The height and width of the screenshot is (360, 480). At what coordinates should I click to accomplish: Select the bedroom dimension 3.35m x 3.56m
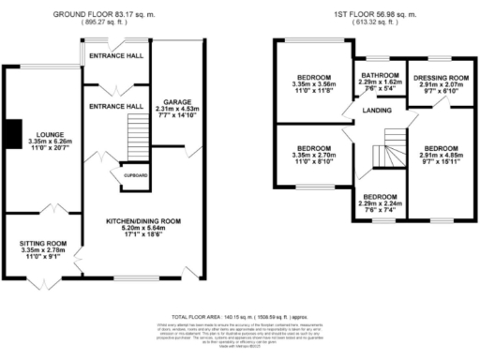point(314,82)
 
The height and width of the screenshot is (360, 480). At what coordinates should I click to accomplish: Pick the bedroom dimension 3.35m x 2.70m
point(314,156)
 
